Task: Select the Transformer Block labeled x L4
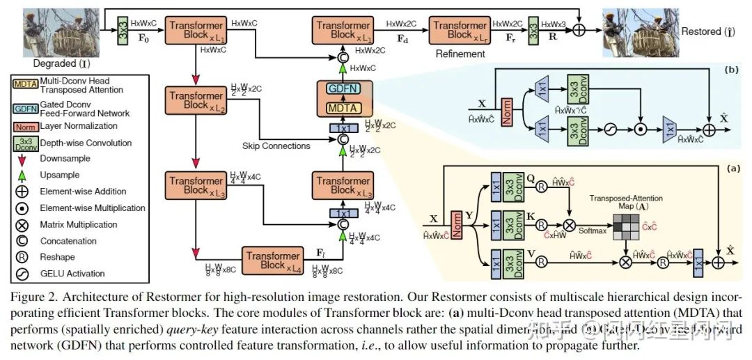(x=272, y=261)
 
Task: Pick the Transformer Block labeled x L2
(x=194, y=101)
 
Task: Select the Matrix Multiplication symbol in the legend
(x=22, y=225)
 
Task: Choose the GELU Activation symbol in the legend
(x=22, y=274)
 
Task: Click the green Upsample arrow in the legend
(x=22, y=175)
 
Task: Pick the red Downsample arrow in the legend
(x=22, y=159)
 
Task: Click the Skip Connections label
(x=276, y=146)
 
